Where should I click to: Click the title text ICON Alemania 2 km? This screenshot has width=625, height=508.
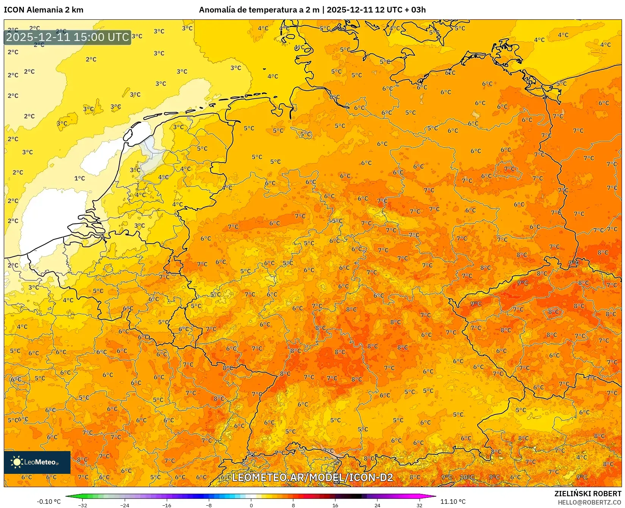tap(44, 10)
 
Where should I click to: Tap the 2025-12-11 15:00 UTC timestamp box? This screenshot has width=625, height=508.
tap(67, 37)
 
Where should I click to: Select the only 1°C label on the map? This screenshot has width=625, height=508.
tap(80, 178)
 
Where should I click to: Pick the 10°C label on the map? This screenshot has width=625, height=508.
tap(467, 477)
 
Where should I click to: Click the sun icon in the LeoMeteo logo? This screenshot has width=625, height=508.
tap(17, 462)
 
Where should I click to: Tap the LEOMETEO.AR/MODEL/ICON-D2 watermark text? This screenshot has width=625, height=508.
tap(312, 477)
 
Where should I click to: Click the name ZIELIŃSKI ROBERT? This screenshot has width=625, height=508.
tap(588, 494)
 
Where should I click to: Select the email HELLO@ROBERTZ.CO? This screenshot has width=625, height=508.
tap(589, 502)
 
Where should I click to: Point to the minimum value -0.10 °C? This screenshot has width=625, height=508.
tap(49, 502)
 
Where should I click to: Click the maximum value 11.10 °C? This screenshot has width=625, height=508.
tap(453, 502)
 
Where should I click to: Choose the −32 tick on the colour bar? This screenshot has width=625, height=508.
tap(83, 505)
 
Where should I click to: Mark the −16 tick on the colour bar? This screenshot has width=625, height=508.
tap(167, 505)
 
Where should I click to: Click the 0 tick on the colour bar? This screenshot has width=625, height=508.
tap(251, 505)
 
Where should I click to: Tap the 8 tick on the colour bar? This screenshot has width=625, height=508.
tap(293, 505)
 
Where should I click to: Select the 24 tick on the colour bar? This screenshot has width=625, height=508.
tap(377, 505)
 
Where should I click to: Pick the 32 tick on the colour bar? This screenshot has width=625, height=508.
tap(419, 505)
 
